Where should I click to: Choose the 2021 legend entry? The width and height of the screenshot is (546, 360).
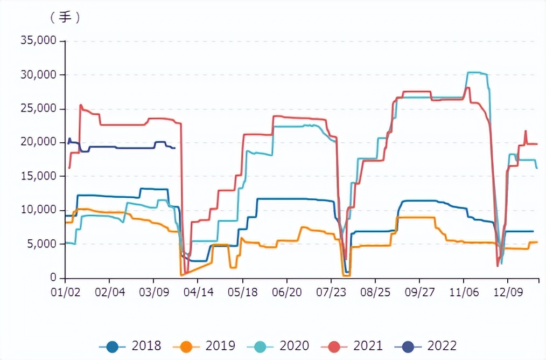pyautogui.click(x=356, y=345)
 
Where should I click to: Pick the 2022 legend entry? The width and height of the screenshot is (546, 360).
pyautogui.click(x=430, y=345)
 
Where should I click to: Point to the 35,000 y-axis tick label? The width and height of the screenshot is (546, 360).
pyautogui.click(x=38, y=41)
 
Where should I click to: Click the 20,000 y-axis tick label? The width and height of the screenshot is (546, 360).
pyautogui.click(x=38, y=142)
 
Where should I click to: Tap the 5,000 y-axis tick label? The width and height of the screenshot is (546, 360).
pyautogui.click(x=41, y=244)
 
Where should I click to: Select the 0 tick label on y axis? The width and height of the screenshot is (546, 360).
pyautogui.click(x=53, y=278)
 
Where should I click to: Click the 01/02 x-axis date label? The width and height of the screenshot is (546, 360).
pyautogui.click(x=65, y=292)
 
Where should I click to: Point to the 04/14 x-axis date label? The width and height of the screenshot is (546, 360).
pyautogui.click(x=198, y=292)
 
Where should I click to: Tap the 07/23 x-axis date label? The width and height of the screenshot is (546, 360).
pyautogui.click(x=331, y=292)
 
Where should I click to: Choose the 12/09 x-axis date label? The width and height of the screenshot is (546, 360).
pyautogui.click(x=508, y=292)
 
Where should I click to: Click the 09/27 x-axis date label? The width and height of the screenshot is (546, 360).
pyautogui.click(x=419, y=292)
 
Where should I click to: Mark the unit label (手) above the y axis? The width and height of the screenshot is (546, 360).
pyautogui.click(x=65, y=17)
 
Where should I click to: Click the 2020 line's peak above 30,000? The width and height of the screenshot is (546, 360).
pyautogui.click(x=474, y=72)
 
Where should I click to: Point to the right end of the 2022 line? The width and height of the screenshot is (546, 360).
pyautogui.click(x=174, y=148)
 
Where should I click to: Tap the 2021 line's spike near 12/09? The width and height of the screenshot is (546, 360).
pyautogui.click(x=526, y=131)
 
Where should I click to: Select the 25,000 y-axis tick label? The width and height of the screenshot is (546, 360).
pyautogui.click(x=38, y=108)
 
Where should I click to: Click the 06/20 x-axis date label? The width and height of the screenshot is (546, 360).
pyautogui.click(x=286, y=292)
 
